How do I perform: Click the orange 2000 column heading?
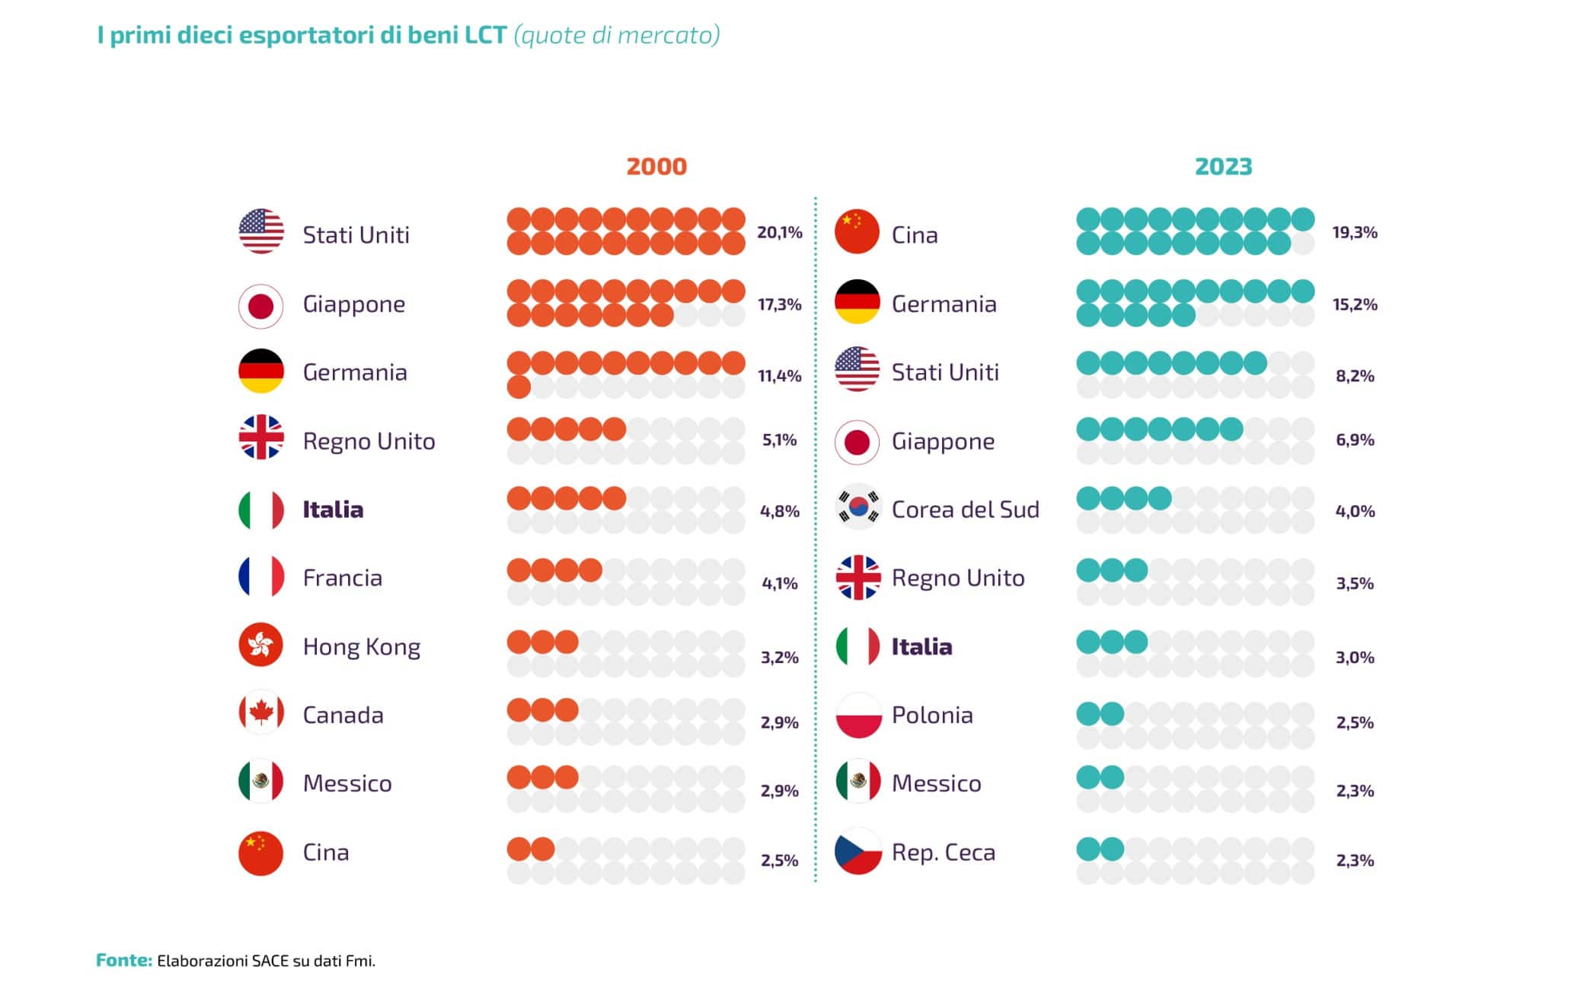click(656, 167)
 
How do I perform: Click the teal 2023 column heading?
click(1223, 167)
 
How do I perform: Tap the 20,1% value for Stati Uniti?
click(779, 232)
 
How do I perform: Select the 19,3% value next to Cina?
click(1354, 232)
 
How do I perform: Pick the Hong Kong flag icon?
click(261, 645)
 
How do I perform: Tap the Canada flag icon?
click(261, 713)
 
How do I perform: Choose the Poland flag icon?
click(857, 715)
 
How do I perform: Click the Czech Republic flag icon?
click(857, 852)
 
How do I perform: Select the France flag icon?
click(261, 577)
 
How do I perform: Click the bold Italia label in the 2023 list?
click(921, 647)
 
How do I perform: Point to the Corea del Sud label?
click(965, 509)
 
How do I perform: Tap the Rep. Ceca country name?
click(943, 852)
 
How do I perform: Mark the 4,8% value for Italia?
click(779, 511)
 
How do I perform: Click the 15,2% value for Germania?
click(1354, 304)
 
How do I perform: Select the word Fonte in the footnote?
click(124, 961)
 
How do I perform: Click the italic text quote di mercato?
click(617, 35)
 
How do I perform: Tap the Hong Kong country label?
click(361, 647)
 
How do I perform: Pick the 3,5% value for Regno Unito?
click(1354, 584)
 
